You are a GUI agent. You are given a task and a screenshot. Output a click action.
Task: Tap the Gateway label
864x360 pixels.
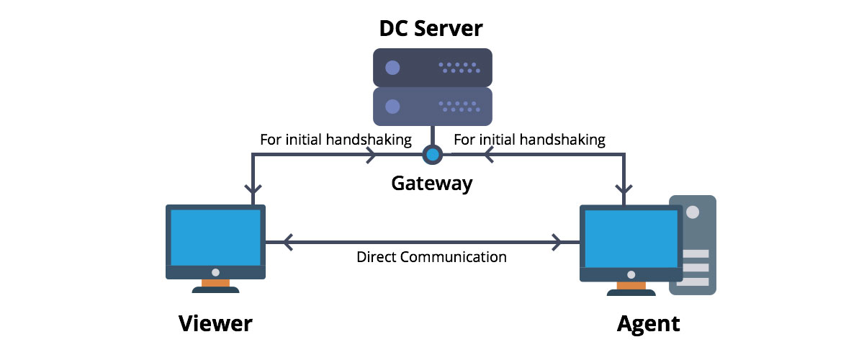(431, 184)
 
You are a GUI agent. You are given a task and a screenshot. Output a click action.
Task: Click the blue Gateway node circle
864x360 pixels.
(432, 154)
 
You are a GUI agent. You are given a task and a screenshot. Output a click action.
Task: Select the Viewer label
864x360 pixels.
(215, 323)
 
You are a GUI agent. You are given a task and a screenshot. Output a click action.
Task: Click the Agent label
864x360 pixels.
(648, 323)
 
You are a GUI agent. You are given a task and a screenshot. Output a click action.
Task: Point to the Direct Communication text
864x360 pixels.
(431, 257)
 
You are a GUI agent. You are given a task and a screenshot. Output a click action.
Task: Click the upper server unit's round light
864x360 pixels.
(392, 68)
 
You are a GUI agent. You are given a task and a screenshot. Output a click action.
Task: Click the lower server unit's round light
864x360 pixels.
(392, 107)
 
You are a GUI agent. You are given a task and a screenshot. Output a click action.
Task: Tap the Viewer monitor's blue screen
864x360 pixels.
(216, 237)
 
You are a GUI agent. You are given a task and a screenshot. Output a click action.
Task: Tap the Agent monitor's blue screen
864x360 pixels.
(631, 237)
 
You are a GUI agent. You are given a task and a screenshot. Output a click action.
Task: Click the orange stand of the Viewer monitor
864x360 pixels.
(215, 284)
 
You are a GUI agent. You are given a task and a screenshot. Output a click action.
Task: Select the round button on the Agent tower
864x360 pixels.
(693, 213)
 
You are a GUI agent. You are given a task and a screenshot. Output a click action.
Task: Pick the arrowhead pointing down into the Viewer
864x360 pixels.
(253, 191)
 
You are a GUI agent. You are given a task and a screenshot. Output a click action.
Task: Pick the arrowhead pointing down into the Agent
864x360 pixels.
(624, 191)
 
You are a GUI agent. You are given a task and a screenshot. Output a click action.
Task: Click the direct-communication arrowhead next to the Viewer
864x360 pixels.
(288, 243)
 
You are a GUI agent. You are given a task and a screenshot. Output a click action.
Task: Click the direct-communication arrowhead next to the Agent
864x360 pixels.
(558, 243)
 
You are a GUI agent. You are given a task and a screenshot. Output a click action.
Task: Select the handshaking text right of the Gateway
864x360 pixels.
(529, 139)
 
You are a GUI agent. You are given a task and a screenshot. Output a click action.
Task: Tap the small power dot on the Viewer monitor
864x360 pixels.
(215, 273)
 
